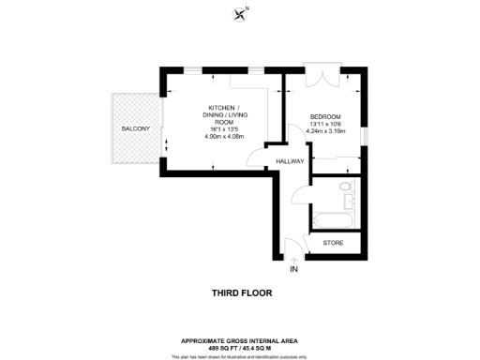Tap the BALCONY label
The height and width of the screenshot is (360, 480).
point(136,128)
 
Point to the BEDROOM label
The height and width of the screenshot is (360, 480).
point(326,116)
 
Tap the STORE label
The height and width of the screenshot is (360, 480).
point(333,243)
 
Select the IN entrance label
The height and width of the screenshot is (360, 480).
point(293,269)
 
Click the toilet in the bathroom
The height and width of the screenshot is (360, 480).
point(347,192)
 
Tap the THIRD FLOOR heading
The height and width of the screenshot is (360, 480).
point(242,292)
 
